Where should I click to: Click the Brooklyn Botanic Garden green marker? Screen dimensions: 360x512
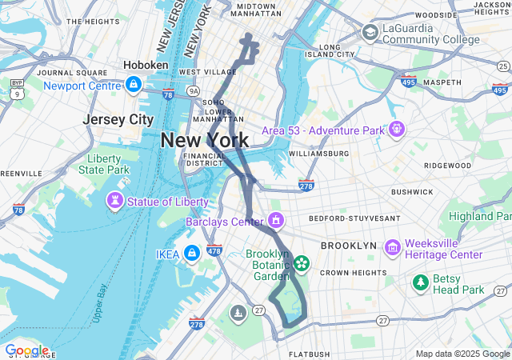(x=302, y=262)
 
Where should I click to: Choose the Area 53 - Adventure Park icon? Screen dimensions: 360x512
(x=395, y=130)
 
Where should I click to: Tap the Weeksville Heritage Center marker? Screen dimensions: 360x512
(x=392, y=249)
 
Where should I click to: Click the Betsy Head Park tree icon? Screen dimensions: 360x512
(x=420, y=282)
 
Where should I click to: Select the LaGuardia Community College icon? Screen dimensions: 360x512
(x=370, y=32)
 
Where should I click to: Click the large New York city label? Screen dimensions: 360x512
(x=205, y=140)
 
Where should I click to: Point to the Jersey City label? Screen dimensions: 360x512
(x=118, y=119)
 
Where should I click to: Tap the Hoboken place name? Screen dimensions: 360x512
(x=146, y=65)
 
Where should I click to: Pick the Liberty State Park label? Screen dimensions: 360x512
(x=104, y=164)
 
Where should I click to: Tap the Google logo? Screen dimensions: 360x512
(x=26, y=350)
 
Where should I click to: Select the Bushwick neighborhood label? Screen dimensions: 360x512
(x=412, y=192)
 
